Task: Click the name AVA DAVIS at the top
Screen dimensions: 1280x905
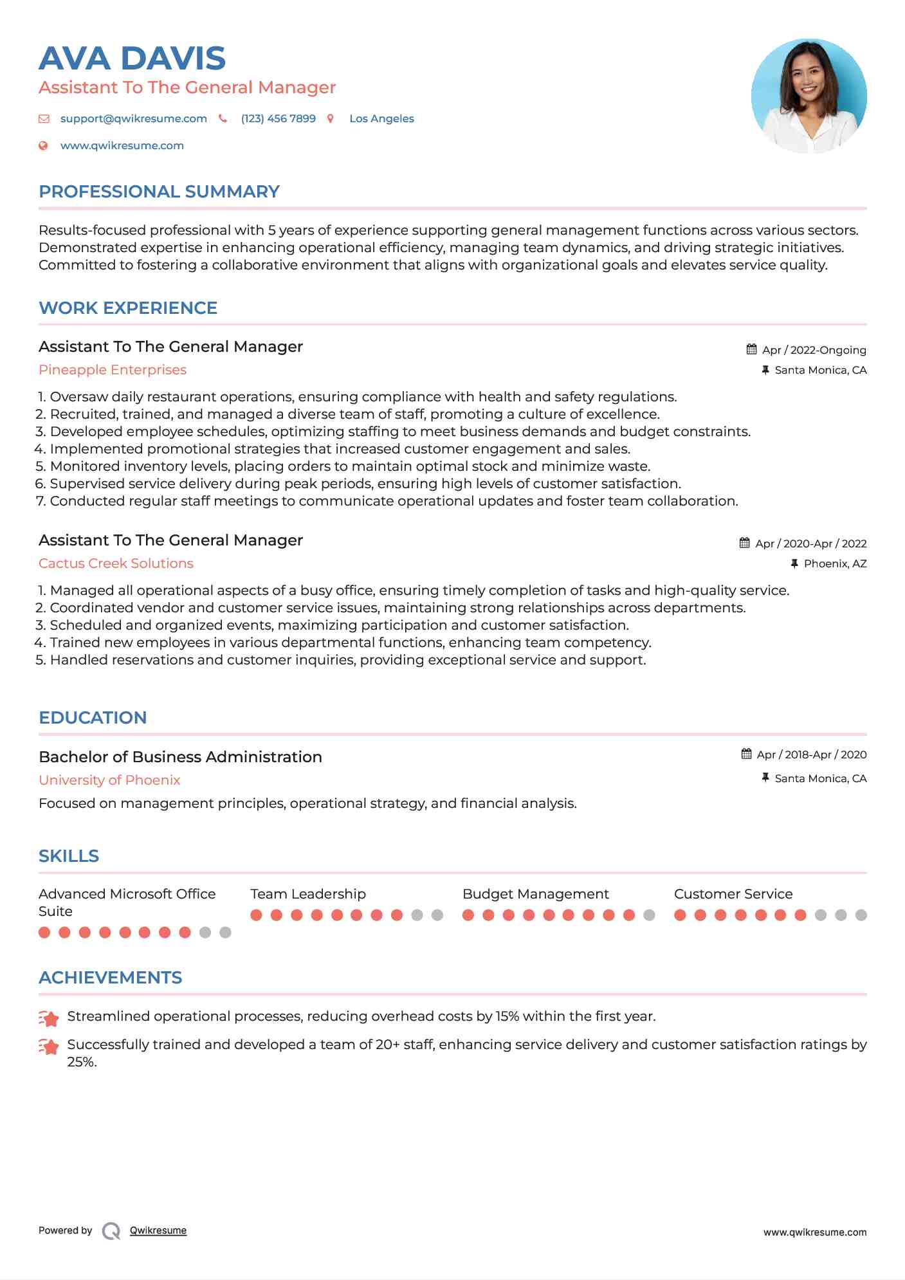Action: pyautogui.click(x=132, y=59)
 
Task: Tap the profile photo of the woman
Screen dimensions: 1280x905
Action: pyautogui.click(x=809, y=96)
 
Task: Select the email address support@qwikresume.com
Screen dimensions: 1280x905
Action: pyautogui.click(x=133, y=119)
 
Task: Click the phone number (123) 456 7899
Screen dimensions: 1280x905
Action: pyautogui.click(x=278, y=119)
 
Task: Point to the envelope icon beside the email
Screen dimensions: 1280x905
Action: pyautogui.click(x=44, y=119)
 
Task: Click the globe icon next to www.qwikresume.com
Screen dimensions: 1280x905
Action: pyautogui.click(x=43, y=146)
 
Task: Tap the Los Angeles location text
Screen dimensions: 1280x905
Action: pyautogui.click(x=381, y=119)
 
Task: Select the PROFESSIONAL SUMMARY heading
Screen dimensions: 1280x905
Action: pyautogui.click(x=159, y=192)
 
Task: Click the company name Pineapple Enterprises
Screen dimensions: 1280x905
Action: pyautogui.click(x=113, y=370)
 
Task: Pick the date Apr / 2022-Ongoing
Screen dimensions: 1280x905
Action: pyautogui.click(x=814, y=350)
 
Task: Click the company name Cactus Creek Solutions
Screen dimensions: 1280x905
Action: pyautogui.click(x=116, y=563)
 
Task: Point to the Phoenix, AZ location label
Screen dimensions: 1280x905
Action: pyautogui.click(x=835, y=563)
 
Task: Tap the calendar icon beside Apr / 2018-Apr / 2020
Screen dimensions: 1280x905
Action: pyautogui.click(x=746, y=754)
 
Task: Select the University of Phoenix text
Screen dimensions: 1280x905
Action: pyautogui.click(x=109, y=780)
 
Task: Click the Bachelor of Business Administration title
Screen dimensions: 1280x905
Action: pyautogui.click(x=180, y=757)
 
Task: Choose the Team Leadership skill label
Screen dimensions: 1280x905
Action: pyautogui.click(x=308, y=894)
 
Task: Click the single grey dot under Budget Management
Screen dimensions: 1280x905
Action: pyautogui.click(x=649, y=915)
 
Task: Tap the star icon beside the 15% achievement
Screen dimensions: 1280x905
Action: pyautogui.click(x=49, y=1018)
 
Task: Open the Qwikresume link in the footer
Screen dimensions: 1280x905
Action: pyautogui.click(x=158, y=1230)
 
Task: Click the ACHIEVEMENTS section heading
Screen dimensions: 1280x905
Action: pyautogui.click(x=110, y=978)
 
